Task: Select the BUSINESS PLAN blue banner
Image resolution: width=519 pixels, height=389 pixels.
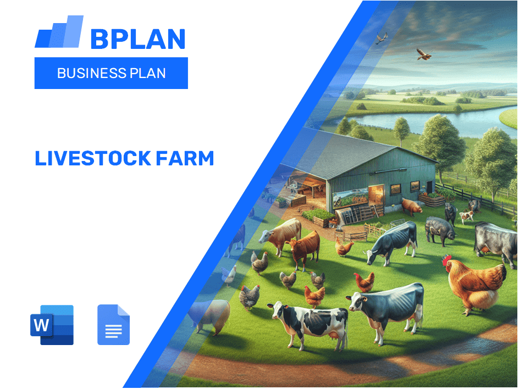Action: (x=111, y=73)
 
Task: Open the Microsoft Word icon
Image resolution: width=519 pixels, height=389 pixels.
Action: (x=52, y=325)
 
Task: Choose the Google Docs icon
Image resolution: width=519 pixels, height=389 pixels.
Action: (x=113, y=325)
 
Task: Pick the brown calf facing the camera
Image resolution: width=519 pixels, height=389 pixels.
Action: (x=304, y=246)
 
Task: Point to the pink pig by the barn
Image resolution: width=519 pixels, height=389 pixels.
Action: (x=411, y=205)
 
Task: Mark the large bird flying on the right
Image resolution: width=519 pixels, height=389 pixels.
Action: (x=423, y=54)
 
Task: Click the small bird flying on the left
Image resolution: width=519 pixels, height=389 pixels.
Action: (x=381, y=38)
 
